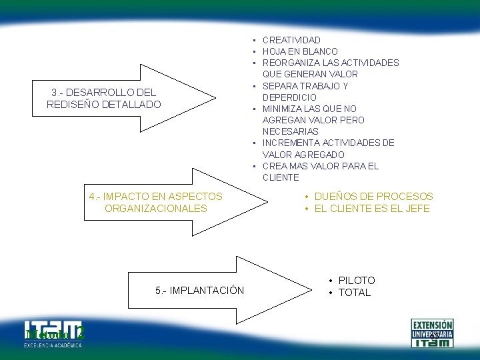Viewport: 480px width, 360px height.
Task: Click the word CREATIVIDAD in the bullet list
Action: pos(291,40)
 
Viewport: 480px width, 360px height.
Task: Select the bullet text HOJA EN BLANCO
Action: pos(300,51)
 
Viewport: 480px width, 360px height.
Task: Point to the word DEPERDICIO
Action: pos(289,97)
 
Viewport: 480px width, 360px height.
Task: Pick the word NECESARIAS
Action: pos(291,131)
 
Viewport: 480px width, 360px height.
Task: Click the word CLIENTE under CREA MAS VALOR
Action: pos(281,177)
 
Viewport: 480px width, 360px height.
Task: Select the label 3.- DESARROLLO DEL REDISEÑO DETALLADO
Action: pos(104,98)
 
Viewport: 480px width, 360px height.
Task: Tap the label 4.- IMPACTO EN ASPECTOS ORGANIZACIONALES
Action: pos(156,202)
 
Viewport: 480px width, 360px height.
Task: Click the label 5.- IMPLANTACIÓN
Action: pos(199,290)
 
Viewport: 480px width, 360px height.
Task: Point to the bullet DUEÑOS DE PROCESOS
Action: pos(373,197)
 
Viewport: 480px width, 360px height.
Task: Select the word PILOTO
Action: pos(357,281)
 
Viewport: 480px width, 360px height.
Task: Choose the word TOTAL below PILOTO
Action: pos(355,293)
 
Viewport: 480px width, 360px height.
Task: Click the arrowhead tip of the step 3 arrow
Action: pos(216,97)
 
